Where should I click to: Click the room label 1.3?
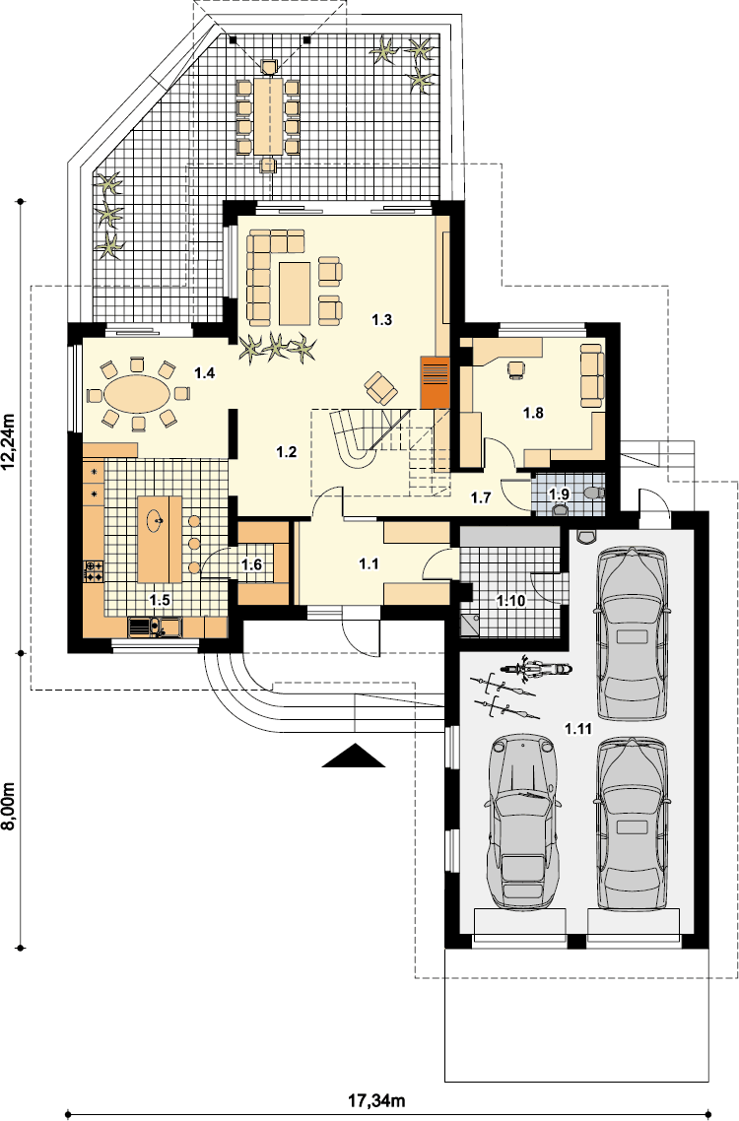382,319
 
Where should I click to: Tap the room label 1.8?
533,413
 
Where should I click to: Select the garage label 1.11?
578,729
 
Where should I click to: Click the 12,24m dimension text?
9,443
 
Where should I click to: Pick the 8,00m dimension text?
9,806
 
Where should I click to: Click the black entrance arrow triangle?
354,756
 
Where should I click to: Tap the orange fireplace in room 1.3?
435,382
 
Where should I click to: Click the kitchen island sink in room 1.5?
156,519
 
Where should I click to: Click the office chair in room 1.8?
515,368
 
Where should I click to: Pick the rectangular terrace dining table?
268,115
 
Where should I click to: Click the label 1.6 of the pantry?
251,564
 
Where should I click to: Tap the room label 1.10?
511,601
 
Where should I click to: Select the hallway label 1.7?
481,497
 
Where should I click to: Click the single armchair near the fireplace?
381,388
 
